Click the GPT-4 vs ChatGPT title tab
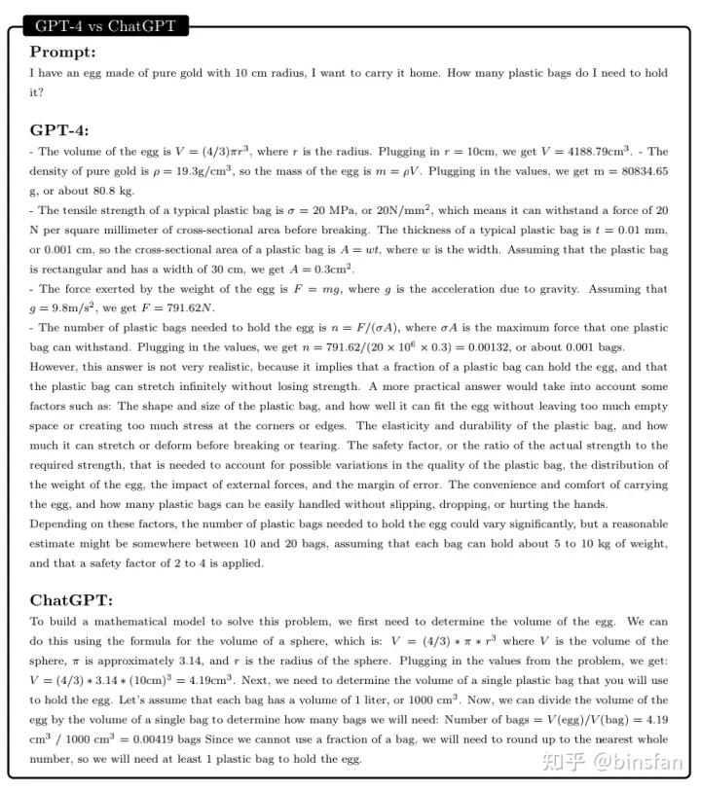click(x=105, y=26)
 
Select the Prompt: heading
click(x=63, y=52)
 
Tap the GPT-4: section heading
click(x=59, y=129)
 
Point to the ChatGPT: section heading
click(x=71, y=600)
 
